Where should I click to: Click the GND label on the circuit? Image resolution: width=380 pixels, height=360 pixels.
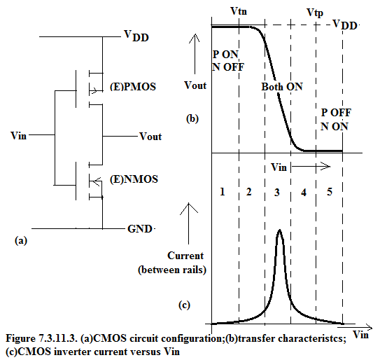click(x=140, y=229)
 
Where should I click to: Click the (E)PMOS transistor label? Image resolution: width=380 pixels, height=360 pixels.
click(x=133, y=87)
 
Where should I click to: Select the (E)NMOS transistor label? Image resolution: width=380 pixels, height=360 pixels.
click(x=134, y=179)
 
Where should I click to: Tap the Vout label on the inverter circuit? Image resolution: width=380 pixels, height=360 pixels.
click(x=150, y=137)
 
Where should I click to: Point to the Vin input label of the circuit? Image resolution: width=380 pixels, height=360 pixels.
click(x=18, y=135)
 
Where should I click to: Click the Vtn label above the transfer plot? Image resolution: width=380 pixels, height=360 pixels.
click(x=239, y=11)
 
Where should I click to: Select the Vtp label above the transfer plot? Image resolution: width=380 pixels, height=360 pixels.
click(x=315, y=13)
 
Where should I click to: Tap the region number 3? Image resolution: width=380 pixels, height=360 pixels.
click(x=277, y=193)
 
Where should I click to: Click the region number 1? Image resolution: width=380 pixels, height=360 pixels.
click(x=223, y=192)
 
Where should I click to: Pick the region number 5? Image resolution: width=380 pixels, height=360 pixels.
click(x=330, y=192)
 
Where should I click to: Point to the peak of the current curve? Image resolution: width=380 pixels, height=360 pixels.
click(x=280, y=230)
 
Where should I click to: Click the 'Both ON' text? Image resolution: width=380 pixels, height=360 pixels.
click(x=282, y=87)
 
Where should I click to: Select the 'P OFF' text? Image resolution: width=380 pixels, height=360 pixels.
click(x=336, y=113)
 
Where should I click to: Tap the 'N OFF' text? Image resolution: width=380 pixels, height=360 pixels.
click(x=228, y=67)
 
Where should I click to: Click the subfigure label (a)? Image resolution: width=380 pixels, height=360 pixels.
click(x=21, y=241)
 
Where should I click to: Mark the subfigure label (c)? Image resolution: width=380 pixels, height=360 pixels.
click(x=184, y=305)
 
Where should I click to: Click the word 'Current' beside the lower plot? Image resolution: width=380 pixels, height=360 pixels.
click(x=185, y=256)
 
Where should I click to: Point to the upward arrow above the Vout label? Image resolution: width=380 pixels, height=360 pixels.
click(x=195, y=54)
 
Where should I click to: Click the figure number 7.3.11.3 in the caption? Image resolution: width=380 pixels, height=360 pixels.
click(x=57, y=338)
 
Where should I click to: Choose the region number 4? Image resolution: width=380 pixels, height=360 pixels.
click(x=304, y=193)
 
